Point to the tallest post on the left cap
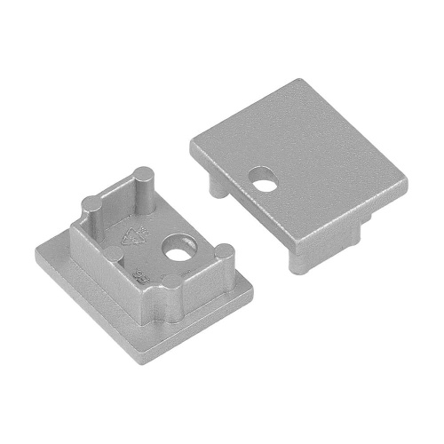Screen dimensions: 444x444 coord(139,183)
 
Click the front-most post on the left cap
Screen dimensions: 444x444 coord(170,297)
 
